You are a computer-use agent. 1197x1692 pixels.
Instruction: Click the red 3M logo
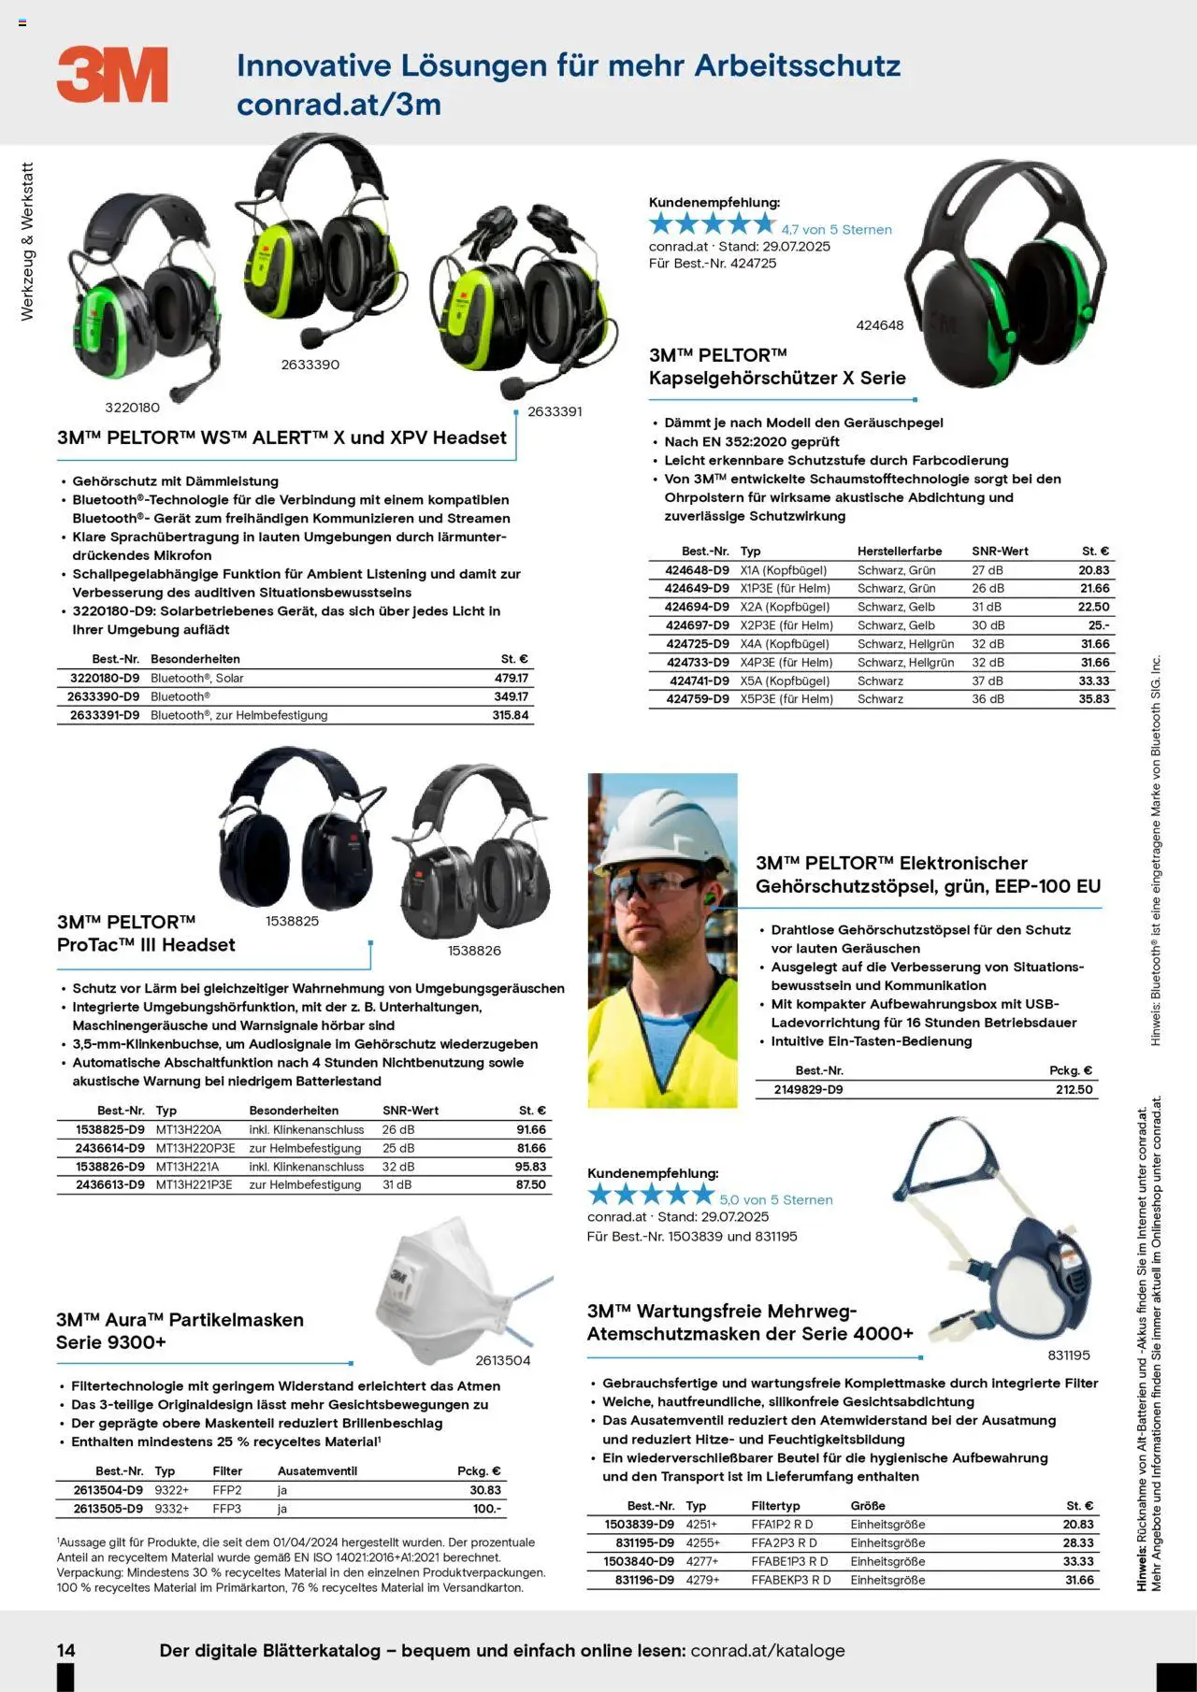coord(112,75)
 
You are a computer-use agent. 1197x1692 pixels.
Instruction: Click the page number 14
coord(66,1650)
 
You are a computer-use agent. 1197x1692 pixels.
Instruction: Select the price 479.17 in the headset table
coord(512,679)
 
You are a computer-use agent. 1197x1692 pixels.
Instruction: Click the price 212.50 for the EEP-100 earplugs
coord(1074,1090)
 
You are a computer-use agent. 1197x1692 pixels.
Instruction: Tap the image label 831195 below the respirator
coord(1068,1355)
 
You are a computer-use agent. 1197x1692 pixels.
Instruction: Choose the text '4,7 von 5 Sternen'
coord(836,230)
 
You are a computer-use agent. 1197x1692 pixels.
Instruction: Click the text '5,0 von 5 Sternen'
coord(775,1200)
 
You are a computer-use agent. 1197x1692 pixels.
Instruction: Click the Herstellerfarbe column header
coord(899,552)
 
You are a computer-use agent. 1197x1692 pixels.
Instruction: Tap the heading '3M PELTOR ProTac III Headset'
coord(146,934)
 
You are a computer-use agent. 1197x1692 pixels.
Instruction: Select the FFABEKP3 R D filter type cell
coord(790,1581)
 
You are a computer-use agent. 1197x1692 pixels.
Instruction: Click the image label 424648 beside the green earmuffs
coord(880,325)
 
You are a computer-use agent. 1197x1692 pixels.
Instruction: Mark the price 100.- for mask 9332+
coord(486,1509)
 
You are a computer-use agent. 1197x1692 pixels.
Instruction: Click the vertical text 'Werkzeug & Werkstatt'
coord(27,241)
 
